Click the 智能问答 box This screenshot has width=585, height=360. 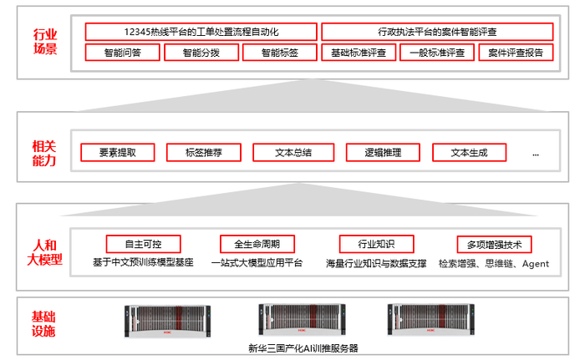122,53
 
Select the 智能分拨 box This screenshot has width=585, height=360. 201,53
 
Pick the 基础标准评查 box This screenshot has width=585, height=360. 358,53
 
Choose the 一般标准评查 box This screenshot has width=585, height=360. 436,53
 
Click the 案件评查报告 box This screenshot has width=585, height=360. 516,53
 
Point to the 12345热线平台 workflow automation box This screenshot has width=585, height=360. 201,32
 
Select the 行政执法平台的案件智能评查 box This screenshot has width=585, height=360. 437,32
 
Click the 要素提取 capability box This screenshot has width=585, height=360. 117,153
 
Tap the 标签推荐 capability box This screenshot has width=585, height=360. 204,153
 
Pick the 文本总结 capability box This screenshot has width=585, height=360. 293,153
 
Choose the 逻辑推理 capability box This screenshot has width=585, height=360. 383,153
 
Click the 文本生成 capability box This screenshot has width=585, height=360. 468,153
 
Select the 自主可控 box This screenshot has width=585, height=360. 142,245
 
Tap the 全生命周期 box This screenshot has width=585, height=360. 257,245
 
